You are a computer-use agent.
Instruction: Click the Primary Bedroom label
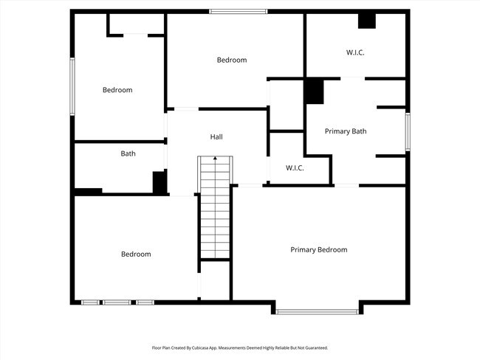(x=318, y=250)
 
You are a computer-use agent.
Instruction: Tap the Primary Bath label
(x=346, y=131)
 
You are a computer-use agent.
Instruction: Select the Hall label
(x=216, y=137)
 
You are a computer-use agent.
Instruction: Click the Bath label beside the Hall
(x=128, y=153)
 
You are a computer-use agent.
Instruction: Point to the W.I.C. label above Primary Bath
(x=355, y=52)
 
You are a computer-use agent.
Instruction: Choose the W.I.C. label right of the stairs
(x=295, y=168)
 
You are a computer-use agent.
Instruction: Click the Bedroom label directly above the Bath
(x=117, y=90)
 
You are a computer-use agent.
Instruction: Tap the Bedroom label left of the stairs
(x=136, y=255)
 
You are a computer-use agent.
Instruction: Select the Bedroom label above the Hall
(x=231, y=60)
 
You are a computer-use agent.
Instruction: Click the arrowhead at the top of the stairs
(x=215, y=158)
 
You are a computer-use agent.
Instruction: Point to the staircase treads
(x=215, y=221)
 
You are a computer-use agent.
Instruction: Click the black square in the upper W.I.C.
(x=367, y=21)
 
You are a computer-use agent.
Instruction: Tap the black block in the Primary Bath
(x=315, y=91)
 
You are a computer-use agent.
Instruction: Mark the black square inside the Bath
(x=159, y=181)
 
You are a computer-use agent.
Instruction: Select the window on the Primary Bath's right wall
(x=407, y=131)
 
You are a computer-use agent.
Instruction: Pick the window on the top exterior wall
(x=238, y=11)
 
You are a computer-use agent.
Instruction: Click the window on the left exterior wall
(x=72, y=86)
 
